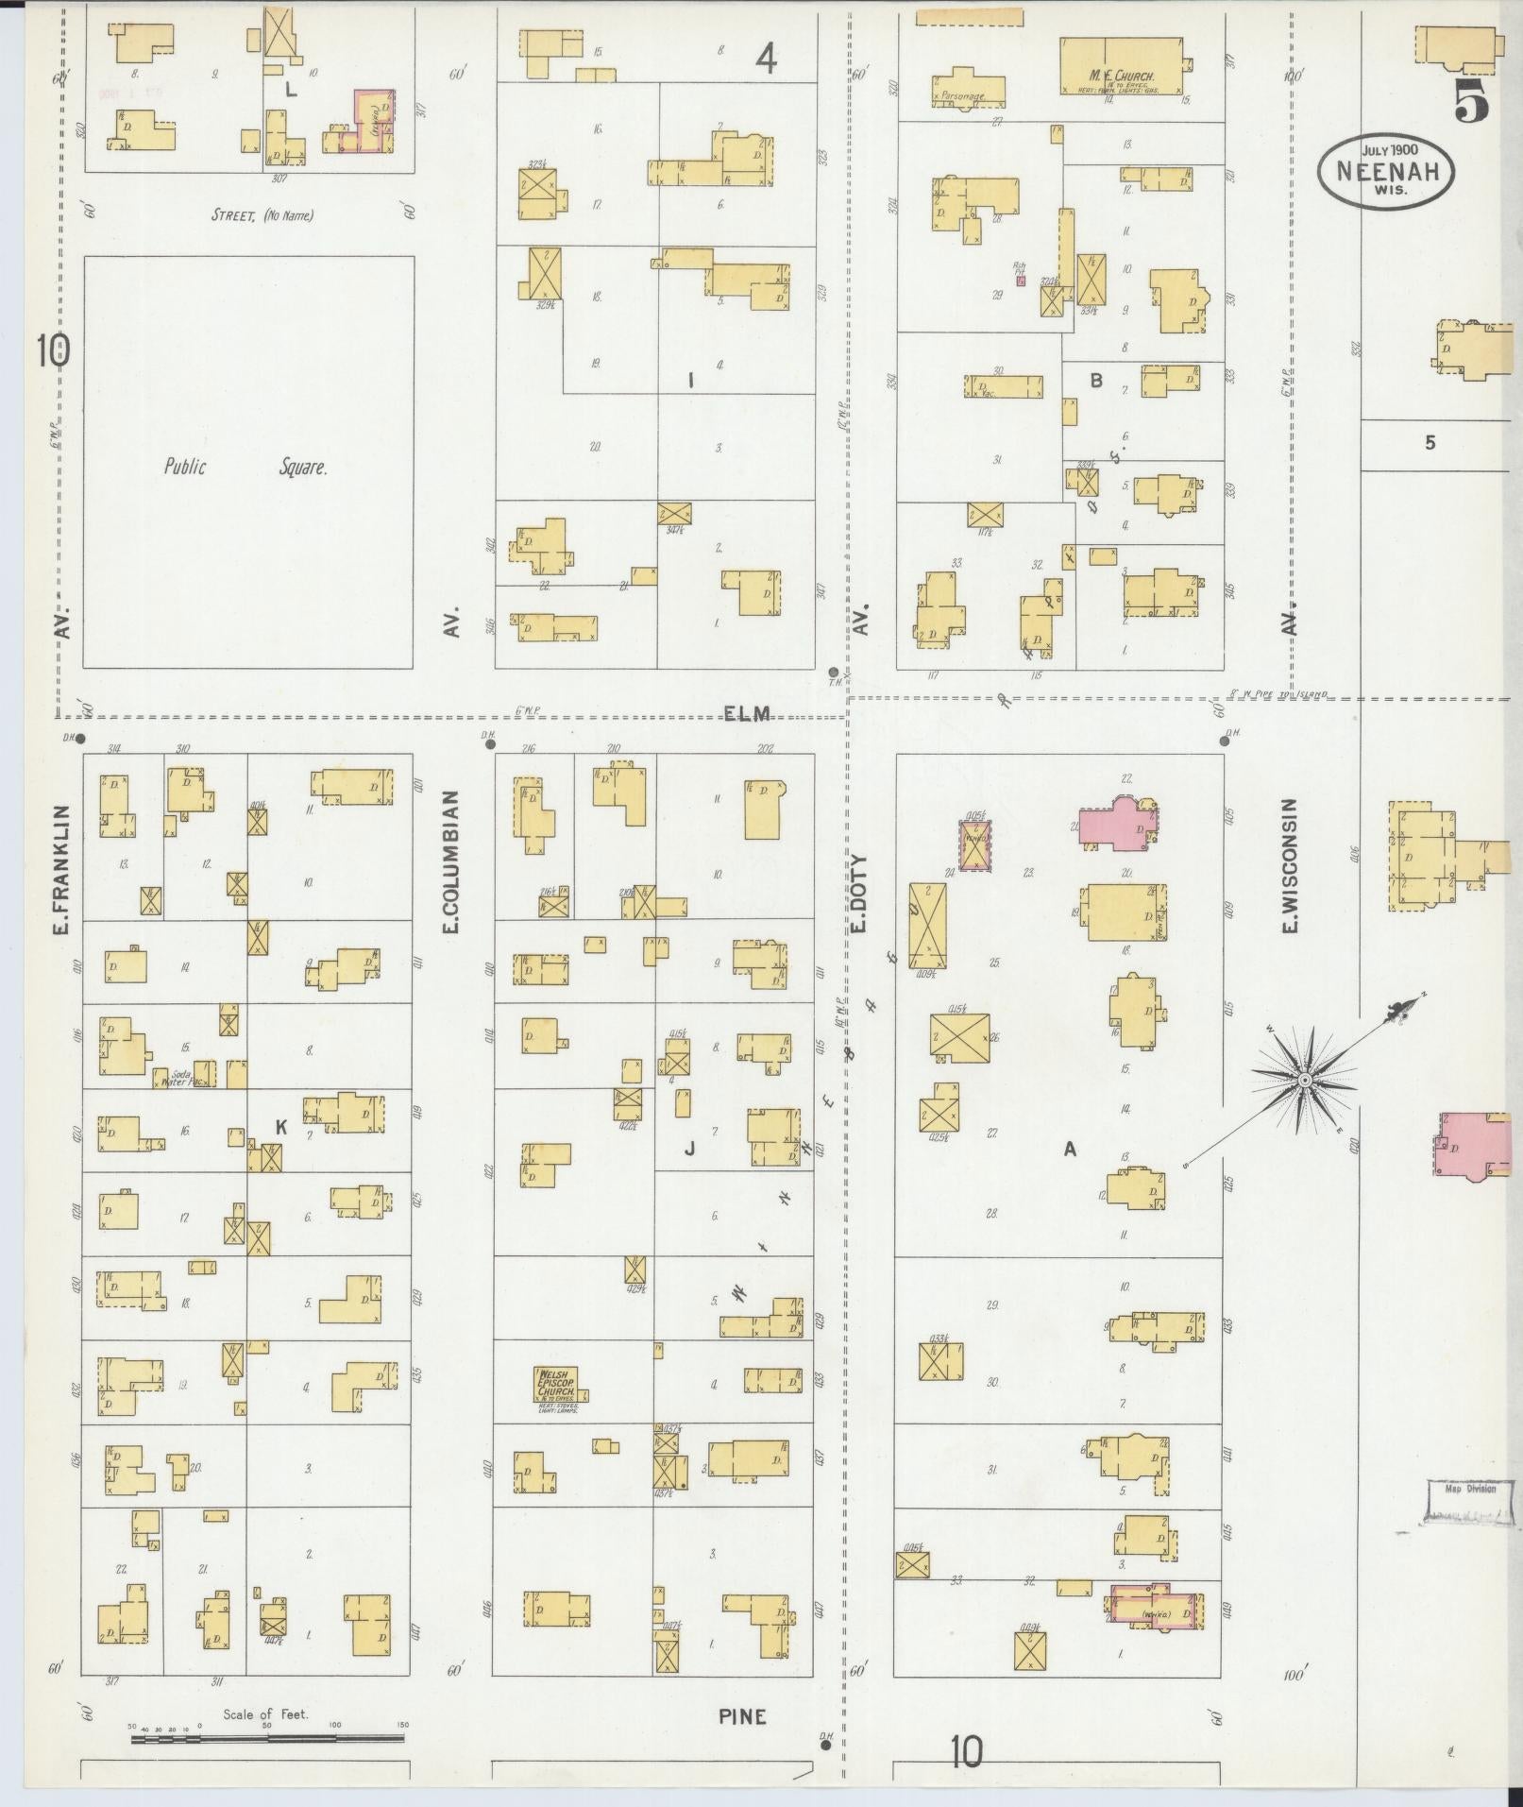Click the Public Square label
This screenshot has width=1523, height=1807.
[x=246, y=467]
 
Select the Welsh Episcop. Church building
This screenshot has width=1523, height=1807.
[x=556, y=1385]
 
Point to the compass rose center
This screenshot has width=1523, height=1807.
[x=1303, y=1079]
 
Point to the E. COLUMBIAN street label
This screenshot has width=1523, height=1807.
[x=451, y=862]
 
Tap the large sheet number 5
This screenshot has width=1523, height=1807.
[x=1469, y=100]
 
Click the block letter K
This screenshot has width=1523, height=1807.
[x=280, y=1127]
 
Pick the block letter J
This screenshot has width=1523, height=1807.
[x=689, y=1149]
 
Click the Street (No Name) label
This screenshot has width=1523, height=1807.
[x=262, y=215]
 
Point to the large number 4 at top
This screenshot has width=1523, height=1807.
[x=766, y=60]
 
